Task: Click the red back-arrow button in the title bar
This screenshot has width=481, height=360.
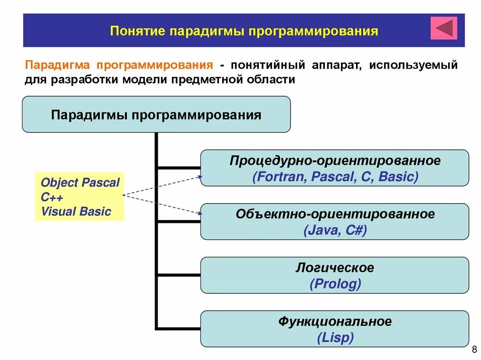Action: pos(444,28)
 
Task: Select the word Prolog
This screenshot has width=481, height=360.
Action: pos(335,284)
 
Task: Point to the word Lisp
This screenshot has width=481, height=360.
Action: pos(335,337)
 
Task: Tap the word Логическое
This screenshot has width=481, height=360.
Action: pos(335,268)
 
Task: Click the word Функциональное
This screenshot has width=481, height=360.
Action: pos(335,322)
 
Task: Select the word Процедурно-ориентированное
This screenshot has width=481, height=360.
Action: pos(335,161)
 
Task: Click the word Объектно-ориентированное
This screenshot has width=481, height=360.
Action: pos(335,214)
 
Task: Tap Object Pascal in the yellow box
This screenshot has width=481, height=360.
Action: pos(80,183)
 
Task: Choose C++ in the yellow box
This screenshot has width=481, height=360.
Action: pos(52,197)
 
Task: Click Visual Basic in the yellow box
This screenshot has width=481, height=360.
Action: pos(76,211)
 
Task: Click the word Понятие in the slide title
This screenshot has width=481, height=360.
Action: pos(137,31)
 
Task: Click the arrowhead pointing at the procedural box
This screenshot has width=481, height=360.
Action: pos(200,177)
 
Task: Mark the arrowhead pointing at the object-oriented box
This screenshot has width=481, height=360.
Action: pos(200,214)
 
